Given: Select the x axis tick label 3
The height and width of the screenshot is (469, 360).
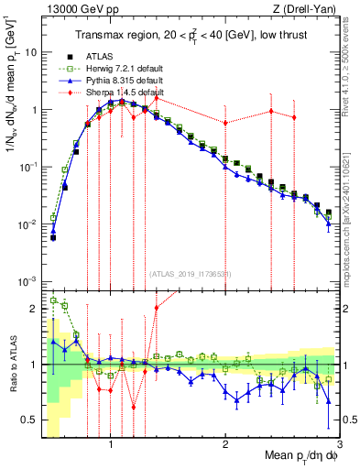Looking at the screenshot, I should click(338, 442).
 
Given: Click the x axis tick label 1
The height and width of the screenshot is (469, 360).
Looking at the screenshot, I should click(111, 442).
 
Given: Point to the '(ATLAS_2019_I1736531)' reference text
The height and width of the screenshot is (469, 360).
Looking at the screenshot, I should click(189, 274).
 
